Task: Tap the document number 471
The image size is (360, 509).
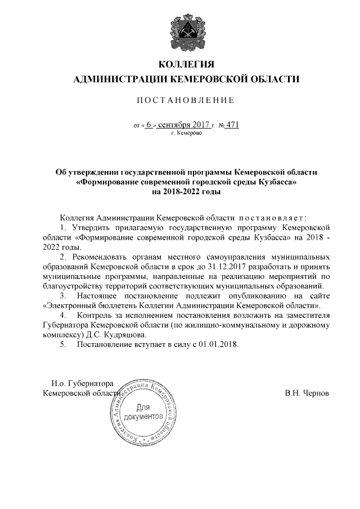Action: (232, 125)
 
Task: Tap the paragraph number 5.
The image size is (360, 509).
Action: (62, 345)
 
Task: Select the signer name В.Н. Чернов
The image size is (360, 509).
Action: (307, 393)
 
